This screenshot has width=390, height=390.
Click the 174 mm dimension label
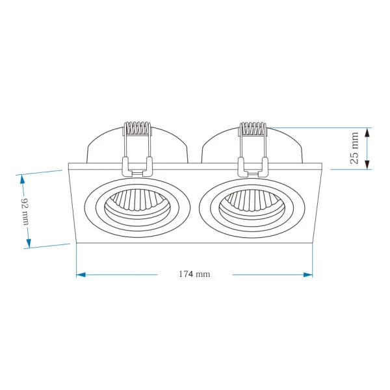194,274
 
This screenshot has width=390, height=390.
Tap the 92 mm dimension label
25,212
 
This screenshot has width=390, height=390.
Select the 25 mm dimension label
354,148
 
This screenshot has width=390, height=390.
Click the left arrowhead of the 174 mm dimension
81,274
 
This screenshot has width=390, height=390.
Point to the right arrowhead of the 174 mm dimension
308,274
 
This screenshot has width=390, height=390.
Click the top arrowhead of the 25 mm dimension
367,133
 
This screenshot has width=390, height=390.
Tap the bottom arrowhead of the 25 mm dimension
367,165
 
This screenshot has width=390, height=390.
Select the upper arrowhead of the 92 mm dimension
22,179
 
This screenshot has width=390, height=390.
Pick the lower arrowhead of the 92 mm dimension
29,243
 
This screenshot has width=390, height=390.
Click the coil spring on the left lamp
137,128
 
